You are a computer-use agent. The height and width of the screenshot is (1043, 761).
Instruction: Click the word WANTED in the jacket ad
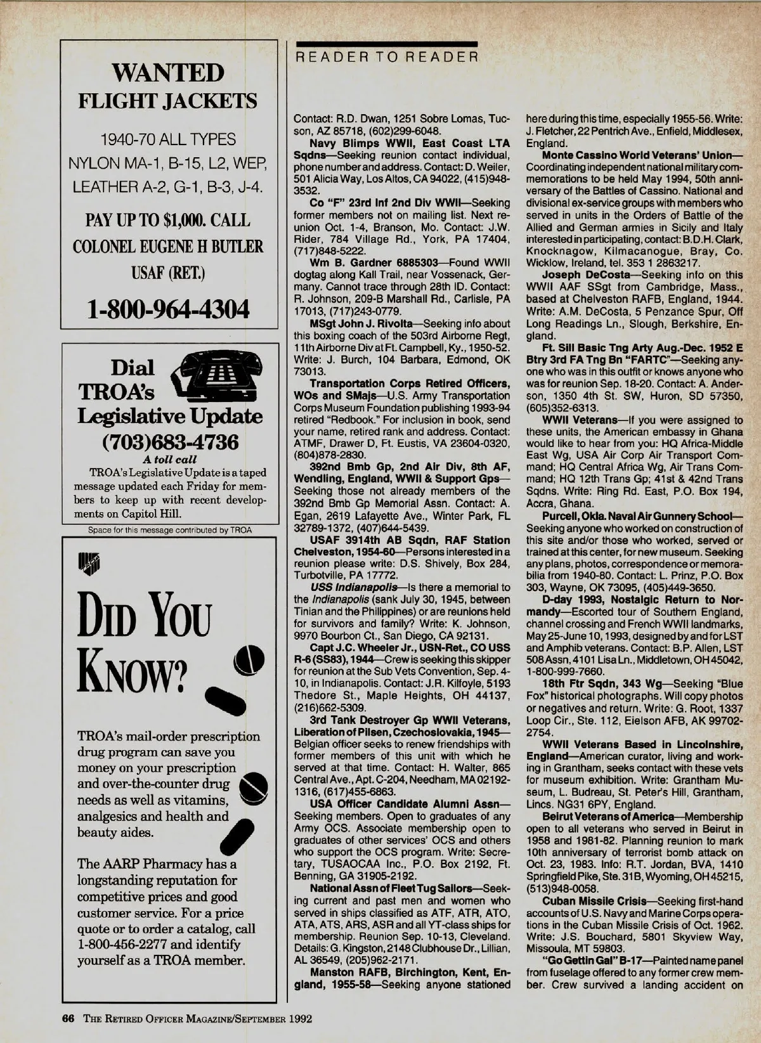tap(168, 73)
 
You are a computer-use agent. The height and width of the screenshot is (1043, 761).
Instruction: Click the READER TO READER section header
tap(385, 57)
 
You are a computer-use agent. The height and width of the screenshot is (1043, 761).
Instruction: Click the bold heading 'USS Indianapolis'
tap(351, 587)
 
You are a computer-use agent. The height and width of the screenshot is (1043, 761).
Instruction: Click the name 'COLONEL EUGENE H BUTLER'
tap(168, 246)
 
